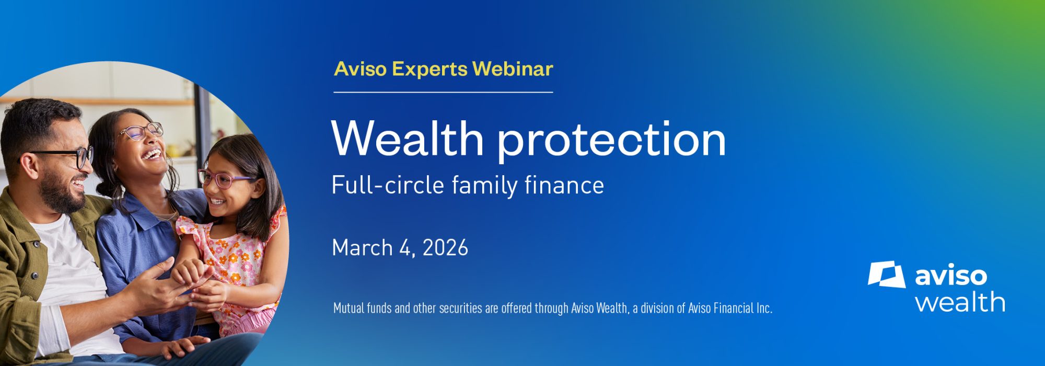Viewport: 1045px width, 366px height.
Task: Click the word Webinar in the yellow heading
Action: [513, 69]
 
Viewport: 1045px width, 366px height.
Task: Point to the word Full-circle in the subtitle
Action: [388, 186]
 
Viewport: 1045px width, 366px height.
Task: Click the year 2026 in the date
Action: [445, 248]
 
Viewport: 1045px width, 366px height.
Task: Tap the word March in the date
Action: [362, 248]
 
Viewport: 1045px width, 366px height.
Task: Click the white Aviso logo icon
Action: [887, 274]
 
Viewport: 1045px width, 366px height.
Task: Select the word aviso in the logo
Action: [951, 276]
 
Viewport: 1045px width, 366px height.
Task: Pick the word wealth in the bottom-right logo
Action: [960, 303]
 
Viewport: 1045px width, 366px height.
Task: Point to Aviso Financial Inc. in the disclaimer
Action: [730, 308]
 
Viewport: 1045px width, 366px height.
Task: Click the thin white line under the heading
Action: [443, 92]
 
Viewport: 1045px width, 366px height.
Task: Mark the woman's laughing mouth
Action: [152, 154]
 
